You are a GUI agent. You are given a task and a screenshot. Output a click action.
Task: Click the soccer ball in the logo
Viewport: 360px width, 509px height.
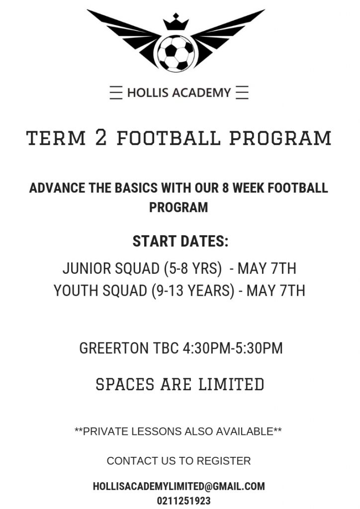[176, 53]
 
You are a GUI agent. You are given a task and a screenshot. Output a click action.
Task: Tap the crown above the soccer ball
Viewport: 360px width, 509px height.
[176, 22]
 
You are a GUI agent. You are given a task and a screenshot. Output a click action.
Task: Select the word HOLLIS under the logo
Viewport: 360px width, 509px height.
[147, 93]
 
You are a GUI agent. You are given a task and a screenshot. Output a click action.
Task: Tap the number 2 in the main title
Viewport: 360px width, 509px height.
[101, 137]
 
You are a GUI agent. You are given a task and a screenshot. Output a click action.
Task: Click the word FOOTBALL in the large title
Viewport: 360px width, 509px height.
[168, 138]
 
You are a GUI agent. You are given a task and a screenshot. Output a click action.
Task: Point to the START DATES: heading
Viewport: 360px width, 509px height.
[180, 242]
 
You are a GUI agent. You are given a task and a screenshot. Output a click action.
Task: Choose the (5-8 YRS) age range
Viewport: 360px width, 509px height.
[193, 269]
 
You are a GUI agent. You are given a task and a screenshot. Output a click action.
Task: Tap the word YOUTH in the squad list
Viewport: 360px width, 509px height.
[76, 290]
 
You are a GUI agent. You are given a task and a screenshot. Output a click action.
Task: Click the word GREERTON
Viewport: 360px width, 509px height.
[113, 348]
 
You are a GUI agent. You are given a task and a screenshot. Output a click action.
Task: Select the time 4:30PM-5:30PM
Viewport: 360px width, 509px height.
[232, 348]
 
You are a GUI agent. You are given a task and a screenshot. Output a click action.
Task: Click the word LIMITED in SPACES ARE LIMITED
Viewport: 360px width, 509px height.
[231, 384]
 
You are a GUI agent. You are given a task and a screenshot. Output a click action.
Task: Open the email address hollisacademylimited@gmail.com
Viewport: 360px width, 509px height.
[179, 486]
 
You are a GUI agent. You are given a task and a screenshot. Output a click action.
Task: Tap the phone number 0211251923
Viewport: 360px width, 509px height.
[184, 501]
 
